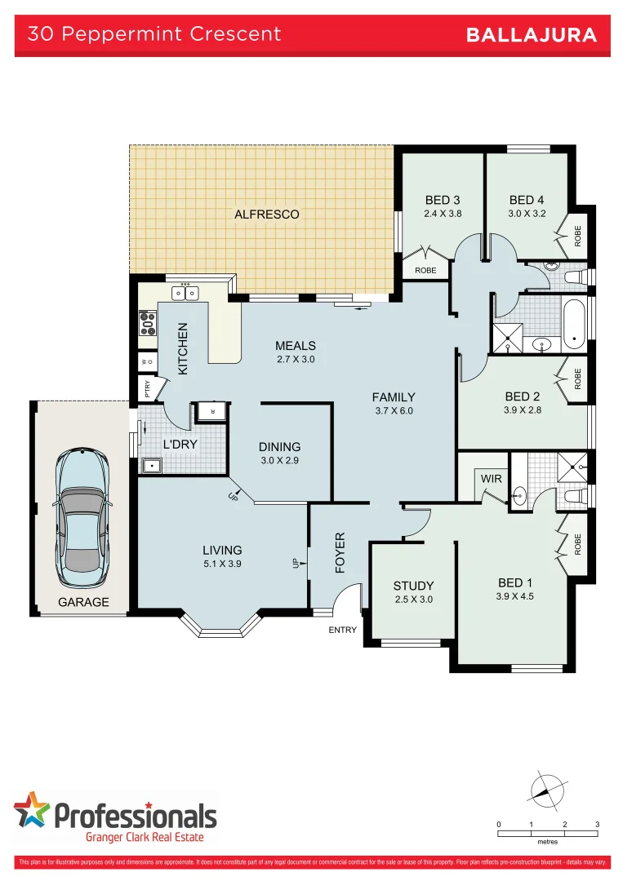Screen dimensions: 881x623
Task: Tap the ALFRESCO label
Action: pyautogui.click(x=266, y=215)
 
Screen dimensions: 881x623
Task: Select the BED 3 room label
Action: pyautogui.click(x=443, y=200)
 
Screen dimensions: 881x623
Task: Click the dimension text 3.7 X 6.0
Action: pyautogui.click(x=394, y=411)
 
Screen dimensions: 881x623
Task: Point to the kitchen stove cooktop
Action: pyautogui.click(x=148, y=324)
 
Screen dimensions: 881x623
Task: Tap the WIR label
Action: pyautogui.click(x=491, y=478)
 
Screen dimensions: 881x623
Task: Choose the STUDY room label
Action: pyautogui.click(x=413, y=586)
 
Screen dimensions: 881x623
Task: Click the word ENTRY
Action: pyautogui.click(x=343, y=631)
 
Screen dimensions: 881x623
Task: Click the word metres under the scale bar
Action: pyautogui.click(x=548, y=841)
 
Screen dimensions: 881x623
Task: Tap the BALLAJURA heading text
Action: pyautogui.click(x=531, y=35)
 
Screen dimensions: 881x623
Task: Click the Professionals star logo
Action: pyautogui.click(x=32, y=811)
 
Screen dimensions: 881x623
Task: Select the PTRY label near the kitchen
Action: pyautogui.click(x=147, y=387)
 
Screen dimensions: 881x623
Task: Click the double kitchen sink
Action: pyautogui.click(x=185, y=293)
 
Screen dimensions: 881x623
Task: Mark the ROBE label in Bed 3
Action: pyautogui.click(x=425, y=270)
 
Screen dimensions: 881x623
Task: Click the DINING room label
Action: pyautogui.click(x=279, y=446)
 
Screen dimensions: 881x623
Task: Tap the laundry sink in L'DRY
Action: pyautogui.click(x=151, y=466)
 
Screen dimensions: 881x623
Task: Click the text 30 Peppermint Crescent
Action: pyautogui.click(x=154, y=34)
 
